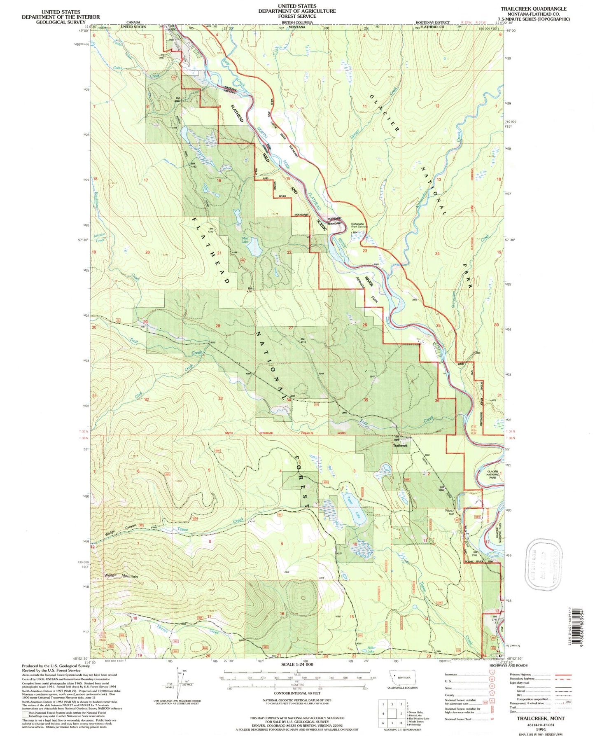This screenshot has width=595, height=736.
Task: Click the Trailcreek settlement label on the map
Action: click(400, 446)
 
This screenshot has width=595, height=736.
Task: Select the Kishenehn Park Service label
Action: click(359, 226)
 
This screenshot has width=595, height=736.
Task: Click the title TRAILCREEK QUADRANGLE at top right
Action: click(533, 9)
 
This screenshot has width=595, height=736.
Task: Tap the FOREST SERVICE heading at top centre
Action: click(296, 16)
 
